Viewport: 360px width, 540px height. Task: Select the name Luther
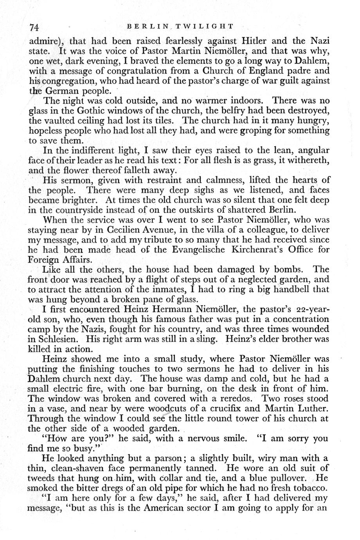pos(312,410)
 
